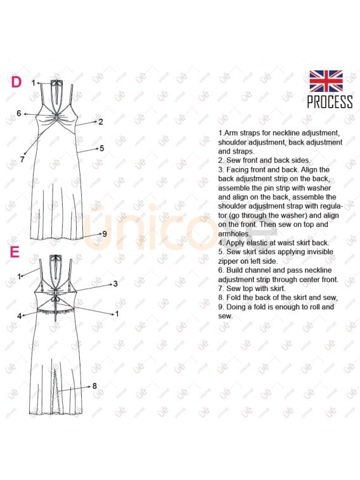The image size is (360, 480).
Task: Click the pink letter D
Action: coord(16,82)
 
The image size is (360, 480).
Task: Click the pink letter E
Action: coord(15,252)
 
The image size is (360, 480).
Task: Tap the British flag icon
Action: coord(326,81)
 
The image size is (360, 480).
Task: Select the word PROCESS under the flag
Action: coord(330,102)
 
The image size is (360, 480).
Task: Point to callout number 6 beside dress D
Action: coord(20,114)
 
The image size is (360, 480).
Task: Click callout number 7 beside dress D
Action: coord(22,160)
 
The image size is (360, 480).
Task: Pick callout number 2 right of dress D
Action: coord(100,121)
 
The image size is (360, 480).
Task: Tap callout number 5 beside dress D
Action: coord(101,148)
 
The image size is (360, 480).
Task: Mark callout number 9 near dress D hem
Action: coord(104,233)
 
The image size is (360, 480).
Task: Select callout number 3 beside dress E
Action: coord(115,283)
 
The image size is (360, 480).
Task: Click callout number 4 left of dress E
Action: coord(20,315)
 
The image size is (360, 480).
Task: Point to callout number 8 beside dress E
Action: coord(94,386)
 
